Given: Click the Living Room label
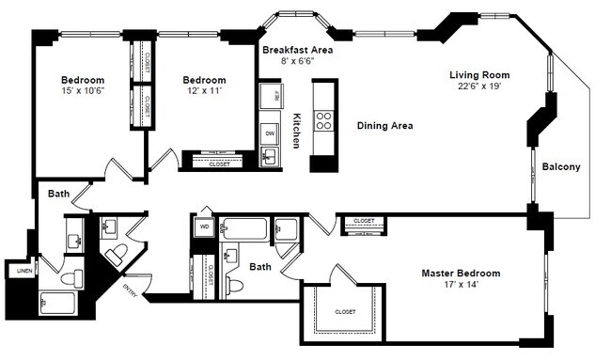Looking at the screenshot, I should click(478, 73).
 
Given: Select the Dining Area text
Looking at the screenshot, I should click(384, 125).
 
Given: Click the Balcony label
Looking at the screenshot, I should click(561, 167).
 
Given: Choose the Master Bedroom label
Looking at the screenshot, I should click(460, 274).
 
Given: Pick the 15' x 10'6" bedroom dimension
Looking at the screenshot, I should click(83, 92).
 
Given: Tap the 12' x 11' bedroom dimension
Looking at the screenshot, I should click(204, 92).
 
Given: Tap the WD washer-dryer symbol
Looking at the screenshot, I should click(204, 227).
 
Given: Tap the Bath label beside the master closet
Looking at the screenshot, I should click(260, 267).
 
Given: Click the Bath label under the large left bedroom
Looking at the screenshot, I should click(59, 194).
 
